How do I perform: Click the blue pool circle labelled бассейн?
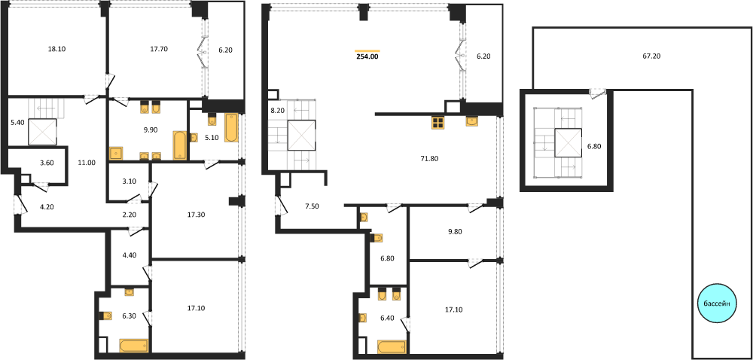[717, 303]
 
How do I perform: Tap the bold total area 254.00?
[367, 56]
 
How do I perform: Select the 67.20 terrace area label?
[651, 56]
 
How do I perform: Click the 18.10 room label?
[57, 48]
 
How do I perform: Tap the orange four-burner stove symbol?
[437, 123]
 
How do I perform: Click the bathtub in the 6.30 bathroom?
[133, 346]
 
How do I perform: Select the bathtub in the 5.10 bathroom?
[231, 128]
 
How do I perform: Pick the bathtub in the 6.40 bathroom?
[392, 346]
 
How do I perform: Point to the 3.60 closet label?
[47, 162]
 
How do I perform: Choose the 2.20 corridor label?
[130, 215]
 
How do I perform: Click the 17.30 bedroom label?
[196, 215]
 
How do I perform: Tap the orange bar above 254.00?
[367, 50]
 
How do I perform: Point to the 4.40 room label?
[130, 255]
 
